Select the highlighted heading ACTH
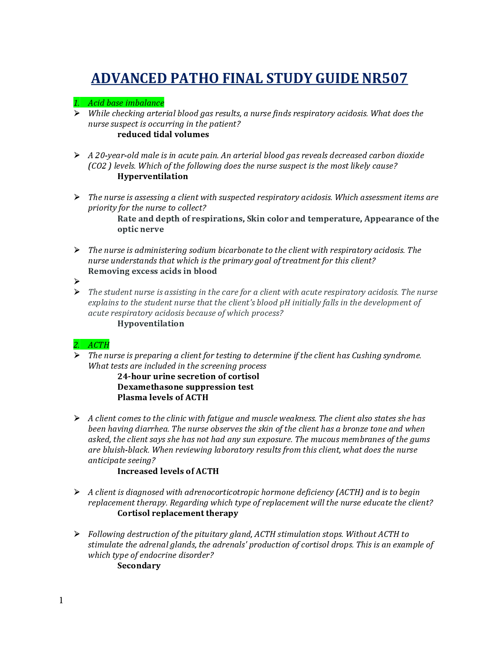[99, 345]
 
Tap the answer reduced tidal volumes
[163, 135]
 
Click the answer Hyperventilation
[153, 177]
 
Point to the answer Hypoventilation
[151, 324]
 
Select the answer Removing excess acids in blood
[152, 271]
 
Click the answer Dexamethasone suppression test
[185, 387]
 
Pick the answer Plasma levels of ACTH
[163, 398]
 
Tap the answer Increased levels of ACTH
[168, 471]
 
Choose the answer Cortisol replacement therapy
[177, 513]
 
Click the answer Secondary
[139, 566]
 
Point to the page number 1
[61, 600]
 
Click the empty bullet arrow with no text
[77, 281]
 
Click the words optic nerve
[140, 229]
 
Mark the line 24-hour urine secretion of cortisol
[188, 377]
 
